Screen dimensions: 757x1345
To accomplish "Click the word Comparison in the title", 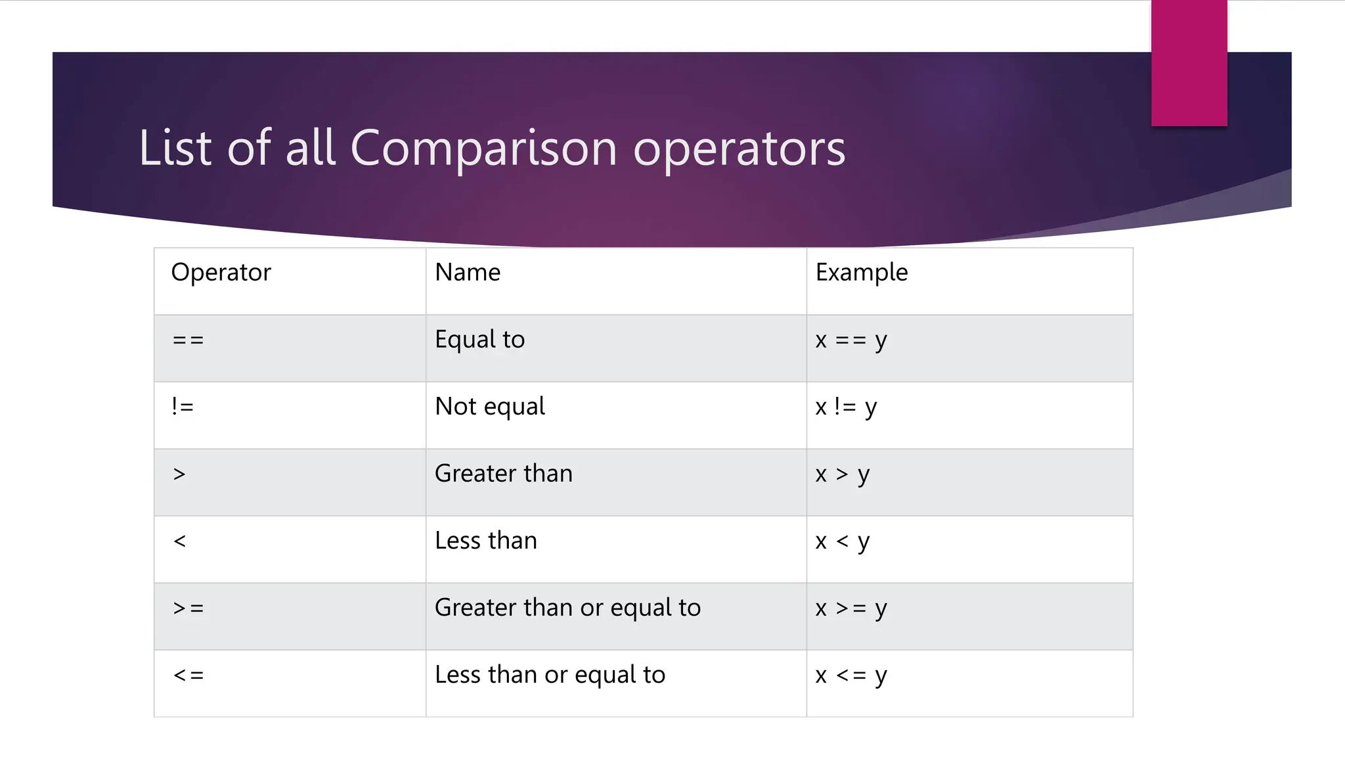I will pyautogui.click(x=483, y=148).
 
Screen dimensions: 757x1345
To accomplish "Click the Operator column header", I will pyautogui.click(x=221, y=273).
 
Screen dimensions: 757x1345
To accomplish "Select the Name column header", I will pyautogui.click(x=468, y=272).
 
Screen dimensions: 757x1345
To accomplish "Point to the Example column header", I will pyautogui.click(x=862, y=273).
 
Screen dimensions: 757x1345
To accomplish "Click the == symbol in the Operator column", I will pyautogui.click(x=188, y=340).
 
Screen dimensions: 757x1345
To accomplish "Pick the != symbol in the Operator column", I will pyautogui.click(x=183, y=407).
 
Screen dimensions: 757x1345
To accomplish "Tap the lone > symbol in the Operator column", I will pyautogui.click(x=179, y=474).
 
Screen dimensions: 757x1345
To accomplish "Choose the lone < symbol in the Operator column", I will pyautogui.click(x=179, y=541).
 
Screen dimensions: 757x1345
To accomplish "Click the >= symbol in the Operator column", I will pyautogui.click(x=188, y=608).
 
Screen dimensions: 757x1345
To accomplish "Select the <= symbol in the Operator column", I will pyautogui.click(x=188, y=676).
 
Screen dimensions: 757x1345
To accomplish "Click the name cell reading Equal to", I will pyautogui.click(x=480, y=340).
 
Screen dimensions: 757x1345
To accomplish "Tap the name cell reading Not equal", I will pyautogui.click(x=490, y=407).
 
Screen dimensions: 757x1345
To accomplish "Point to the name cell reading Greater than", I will pyautogui.click(x=504, y=474).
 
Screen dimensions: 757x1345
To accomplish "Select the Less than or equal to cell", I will pyautogui.click(x=550, y=675).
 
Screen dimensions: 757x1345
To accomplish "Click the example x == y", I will pyautogui.click(x=851, y=340).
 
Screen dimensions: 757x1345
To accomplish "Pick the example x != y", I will pyautogui.click(x=846, y=407).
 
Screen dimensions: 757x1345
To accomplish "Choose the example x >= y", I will pyautogui.click(x=851, y=608).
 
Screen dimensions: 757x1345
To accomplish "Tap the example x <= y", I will pyautogui.click(x=851, y=676).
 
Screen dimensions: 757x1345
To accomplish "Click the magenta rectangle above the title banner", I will pyautogui.click(x=1189, y=63).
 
